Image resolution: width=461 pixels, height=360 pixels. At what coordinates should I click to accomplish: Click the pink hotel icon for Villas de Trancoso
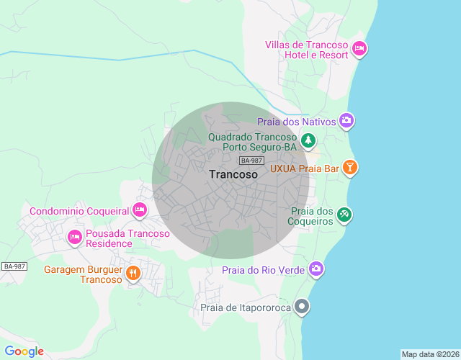[x=359, y=49]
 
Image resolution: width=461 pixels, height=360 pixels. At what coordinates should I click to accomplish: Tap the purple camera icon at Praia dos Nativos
[x=346, y=120]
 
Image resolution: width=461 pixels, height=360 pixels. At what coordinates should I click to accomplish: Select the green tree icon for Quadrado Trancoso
[x=308, y=139]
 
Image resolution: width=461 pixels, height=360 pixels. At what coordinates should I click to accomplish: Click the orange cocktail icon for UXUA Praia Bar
[x=349, y=168]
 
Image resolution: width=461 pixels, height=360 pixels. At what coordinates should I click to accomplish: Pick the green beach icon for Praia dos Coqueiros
[x=345, y=214]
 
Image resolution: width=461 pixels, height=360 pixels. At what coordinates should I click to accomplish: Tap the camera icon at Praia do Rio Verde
[x=315, y=269]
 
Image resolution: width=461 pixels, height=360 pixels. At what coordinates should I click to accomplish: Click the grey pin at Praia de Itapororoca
[x=303, y=307]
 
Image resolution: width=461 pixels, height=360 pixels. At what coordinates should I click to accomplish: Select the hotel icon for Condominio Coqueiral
[x=140, y=210]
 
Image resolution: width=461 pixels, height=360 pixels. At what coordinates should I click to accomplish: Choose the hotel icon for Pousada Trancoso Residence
[x=74, y=236]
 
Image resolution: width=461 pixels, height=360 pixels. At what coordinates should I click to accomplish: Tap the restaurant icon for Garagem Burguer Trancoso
[x=133, y=273]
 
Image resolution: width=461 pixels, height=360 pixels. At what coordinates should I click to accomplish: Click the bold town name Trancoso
[x=233, y=174]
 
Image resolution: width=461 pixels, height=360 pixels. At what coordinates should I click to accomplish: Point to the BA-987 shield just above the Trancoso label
[x=252, y=161]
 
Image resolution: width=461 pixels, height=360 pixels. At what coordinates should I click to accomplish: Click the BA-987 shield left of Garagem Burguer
[x=14, y=266]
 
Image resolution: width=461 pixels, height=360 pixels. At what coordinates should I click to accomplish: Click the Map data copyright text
[x=430, y=354]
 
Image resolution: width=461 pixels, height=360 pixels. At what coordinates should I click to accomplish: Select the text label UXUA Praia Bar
[x=304, y=168]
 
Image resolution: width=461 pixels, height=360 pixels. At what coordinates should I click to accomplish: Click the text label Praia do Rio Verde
[x=263, y=270]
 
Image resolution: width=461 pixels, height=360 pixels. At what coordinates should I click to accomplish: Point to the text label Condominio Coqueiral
[x=79, y=211]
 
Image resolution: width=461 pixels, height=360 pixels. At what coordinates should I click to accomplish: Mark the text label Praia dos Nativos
[x=297, y=122]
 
